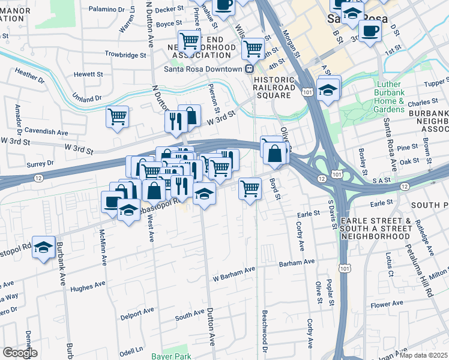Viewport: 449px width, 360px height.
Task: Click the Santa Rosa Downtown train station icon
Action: pos(248,69)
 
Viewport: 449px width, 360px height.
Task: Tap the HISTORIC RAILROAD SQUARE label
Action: pos(275,83)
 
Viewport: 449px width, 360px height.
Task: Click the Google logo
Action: pos(19,353)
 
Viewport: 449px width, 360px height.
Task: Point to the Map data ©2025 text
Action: pos(423,355)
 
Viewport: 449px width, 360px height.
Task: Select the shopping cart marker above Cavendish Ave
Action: pos(117,116)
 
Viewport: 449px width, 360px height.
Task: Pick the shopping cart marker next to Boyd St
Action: pos(250,188)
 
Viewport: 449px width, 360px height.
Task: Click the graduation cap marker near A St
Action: pos(328,90)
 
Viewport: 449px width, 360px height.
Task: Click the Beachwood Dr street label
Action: pos(264,331)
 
